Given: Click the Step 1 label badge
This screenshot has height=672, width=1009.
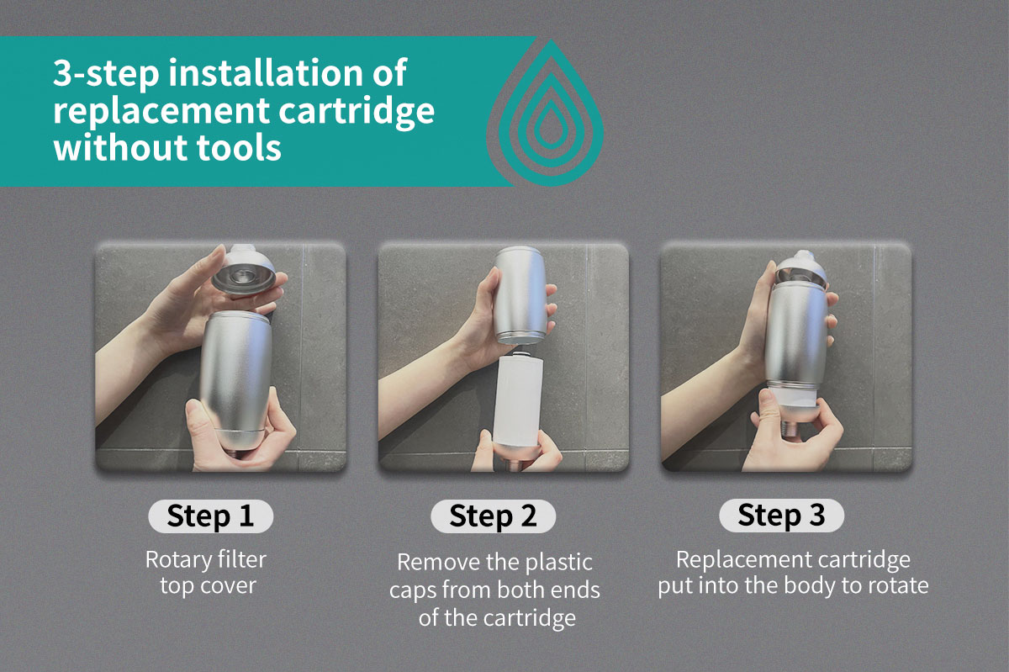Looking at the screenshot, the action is pyautogui.click(x=210, y=516).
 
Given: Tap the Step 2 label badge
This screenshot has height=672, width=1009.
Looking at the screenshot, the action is pyautogui.click(x=494, y=516).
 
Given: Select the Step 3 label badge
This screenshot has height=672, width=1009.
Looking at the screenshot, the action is pyautogui.click(x=781, y=516).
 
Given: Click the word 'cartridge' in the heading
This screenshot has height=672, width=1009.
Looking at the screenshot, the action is pyautogui.click(x=357, y=111).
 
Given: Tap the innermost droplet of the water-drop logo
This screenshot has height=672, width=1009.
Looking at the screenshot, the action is pyautogui.click(x=551, y=125).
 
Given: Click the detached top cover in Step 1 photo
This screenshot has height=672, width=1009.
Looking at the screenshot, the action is pyautogui.click(x=243, y=269).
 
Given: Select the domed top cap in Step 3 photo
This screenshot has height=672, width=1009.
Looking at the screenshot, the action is pyautogui.click(x=800, y=268).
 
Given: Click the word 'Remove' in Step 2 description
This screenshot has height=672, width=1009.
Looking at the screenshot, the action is pyautogui.click(x=432, y=563).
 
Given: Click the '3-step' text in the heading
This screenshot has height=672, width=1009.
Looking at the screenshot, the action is pyautogui.click(x=106, y=73).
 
